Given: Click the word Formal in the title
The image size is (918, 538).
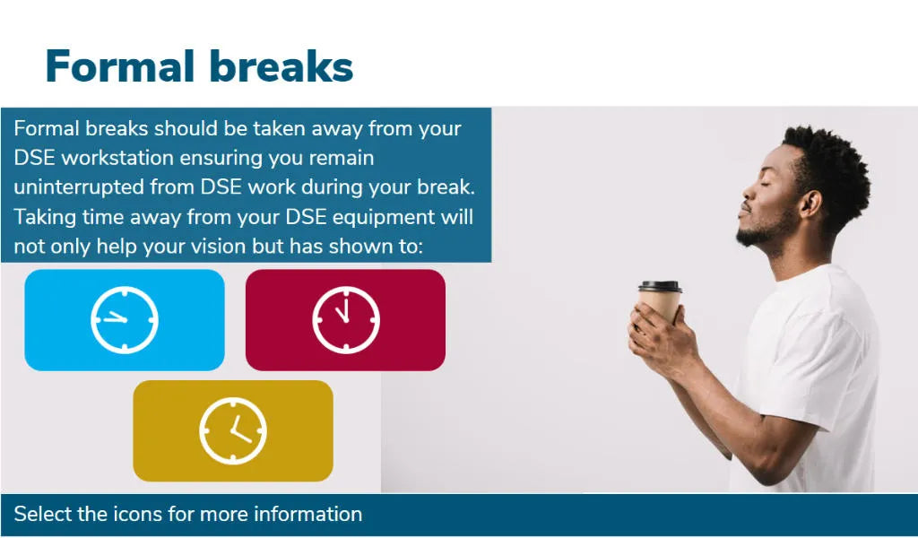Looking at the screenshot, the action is click(x=120, y=66).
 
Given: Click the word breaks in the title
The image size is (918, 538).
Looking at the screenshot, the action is click(x=281, y=65).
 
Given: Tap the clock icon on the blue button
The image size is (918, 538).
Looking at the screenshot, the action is click(x=124, y=319).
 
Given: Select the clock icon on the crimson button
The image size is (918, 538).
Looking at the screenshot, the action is click(x=345, y=319).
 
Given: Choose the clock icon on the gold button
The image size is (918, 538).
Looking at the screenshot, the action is click(x=233, y=431).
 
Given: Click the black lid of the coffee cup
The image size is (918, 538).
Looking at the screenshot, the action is click(x=660, y=287).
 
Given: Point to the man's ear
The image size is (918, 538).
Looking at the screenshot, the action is click(x=810, y=204).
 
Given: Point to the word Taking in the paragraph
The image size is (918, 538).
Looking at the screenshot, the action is click(x=45, y=218).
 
